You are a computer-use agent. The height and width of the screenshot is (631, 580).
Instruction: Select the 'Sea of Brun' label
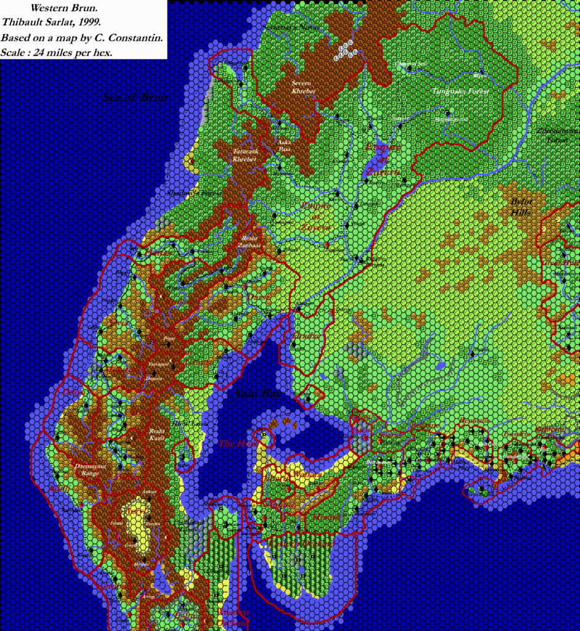(136, 97)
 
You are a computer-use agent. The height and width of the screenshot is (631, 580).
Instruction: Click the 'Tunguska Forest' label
(461, 91)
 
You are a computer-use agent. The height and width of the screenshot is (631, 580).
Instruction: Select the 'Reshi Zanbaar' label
(250, 241)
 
